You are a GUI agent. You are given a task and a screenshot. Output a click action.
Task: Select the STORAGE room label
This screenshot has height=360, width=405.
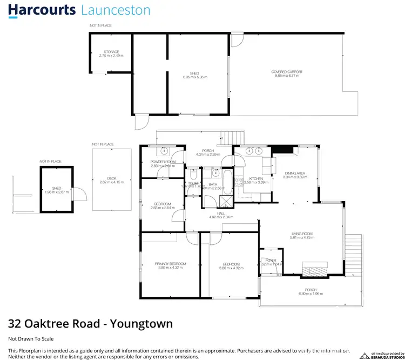coord(111,52)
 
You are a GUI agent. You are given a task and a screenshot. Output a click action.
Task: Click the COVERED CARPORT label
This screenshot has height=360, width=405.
coord(287,72)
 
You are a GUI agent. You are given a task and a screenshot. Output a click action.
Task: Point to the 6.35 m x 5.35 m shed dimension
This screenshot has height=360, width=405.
coord(195,77)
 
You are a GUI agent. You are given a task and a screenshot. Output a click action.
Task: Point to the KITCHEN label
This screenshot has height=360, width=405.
coord(256,179)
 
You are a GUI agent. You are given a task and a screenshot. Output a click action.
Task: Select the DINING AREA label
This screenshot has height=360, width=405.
coord(295,174)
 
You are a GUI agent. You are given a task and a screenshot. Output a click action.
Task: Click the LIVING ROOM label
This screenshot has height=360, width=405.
coord(301,234)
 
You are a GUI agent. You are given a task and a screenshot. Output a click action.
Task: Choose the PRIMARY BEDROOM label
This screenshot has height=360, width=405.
coord(171,263)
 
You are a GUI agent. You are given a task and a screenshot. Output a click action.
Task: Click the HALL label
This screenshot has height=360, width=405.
coord(221,214)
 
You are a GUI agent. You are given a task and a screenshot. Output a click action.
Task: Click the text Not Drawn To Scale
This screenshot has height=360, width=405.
coord(31,338)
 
